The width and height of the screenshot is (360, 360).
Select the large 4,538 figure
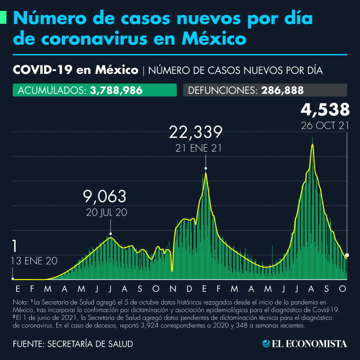point(325,110)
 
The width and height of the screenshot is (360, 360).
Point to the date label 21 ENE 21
point(198,148)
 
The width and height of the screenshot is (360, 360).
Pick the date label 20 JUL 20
point(107,213)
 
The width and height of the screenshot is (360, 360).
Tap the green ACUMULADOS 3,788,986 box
point(94,90)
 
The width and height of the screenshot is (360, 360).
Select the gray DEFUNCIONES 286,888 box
point(265,90)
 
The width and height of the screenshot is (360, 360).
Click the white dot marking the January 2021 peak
point(206,168)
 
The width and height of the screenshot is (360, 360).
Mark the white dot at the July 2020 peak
point(110,234)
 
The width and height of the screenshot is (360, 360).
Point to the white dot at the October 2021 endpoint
point(347,255)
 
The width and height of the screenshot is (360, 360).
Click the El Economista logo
point(305,343)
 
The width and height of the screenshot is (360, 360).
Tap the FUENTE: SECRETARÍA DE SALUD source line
point(72,344)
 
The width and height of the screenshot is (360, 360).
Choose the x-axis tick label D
point(189,288)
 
